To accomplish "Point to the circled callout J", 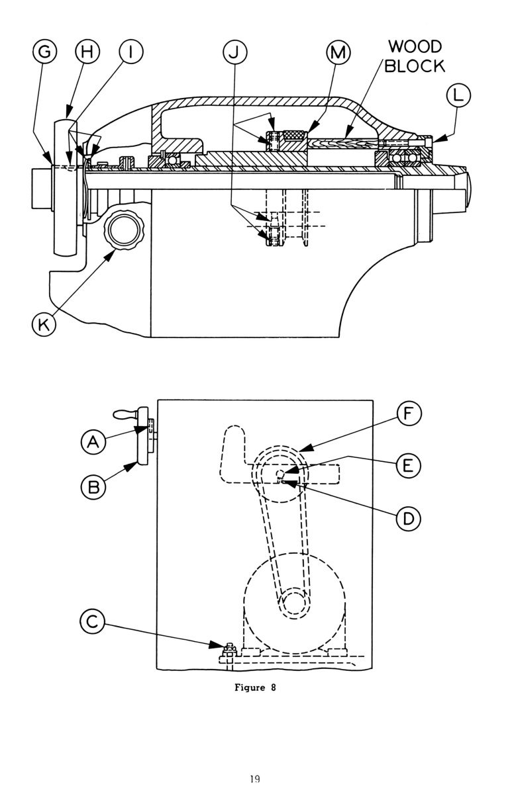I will [x=232, y=53].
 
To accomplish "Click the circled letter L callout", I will [x=458, y=97].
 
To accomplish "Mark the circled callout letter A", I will [x=95, y=442].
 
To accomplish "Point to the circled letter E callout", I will [x=409, y=465].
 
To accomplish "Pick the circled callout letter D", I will [x=409, y=518].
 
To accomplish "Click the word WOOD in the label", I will [x=415, y=48].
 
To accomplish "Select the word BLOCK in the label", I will [x=417, y=66].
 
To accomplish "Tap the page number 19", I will [x=255, y=779].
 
